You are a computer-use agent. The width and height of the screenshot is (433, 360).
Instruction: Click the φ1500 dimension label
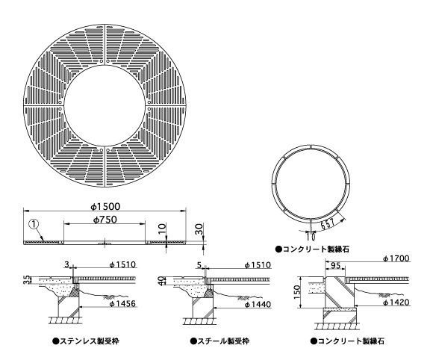point(106,206)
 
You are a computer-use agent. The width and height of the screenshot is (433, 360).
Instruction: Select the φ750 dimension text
point(105,220)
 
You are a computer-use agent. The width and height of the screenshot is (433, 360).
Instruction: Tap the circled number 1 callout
point(34,224)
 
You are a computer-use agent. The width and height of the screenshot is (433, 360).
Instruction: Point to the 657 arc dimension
point(328,224)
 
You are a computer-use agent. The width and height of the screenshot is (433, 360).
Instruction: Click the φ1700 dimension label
point(396,258)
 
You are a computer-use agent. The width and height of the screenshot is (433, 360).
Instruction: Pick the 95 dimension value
point(335,265)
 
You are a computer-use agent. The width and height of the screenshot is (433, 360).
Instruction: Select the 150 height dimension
point(297,292)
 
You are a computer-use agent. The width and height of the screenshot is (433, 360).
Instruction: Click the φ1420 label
point(396,302)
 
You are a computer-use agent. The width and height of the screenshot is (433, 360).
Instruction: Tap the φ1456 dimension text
point(122,304)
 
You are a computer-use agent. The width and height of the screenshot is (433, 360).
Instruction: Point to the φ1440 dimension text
point(258,305)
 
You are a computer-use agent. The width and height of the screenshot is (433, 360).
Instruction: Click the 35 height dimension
point(26,279)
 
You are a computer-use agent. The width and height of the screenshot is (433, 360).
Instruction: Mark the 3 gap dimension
point(66,264)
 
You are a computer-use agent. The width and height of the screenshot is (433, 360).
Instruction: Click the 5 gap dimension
point(199,265)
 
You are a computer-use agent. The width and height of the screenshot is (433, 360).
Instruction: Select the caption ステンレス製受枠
point(86,341)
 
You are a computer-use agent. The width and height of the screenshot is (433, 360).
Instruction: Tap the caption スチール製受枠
point(219,341)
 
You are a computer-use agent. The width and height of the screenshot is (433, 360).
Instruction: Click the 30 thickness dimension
point(199,229)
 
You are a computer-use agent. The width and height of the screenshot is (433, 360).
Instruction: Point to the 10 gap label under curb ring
point(311,237)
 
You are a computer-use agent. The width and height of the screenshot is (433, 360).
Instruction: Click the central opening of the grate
point(105,105)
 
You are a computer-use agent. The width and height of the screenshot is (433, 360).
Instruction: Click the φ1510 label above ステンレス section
point(122,264)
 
